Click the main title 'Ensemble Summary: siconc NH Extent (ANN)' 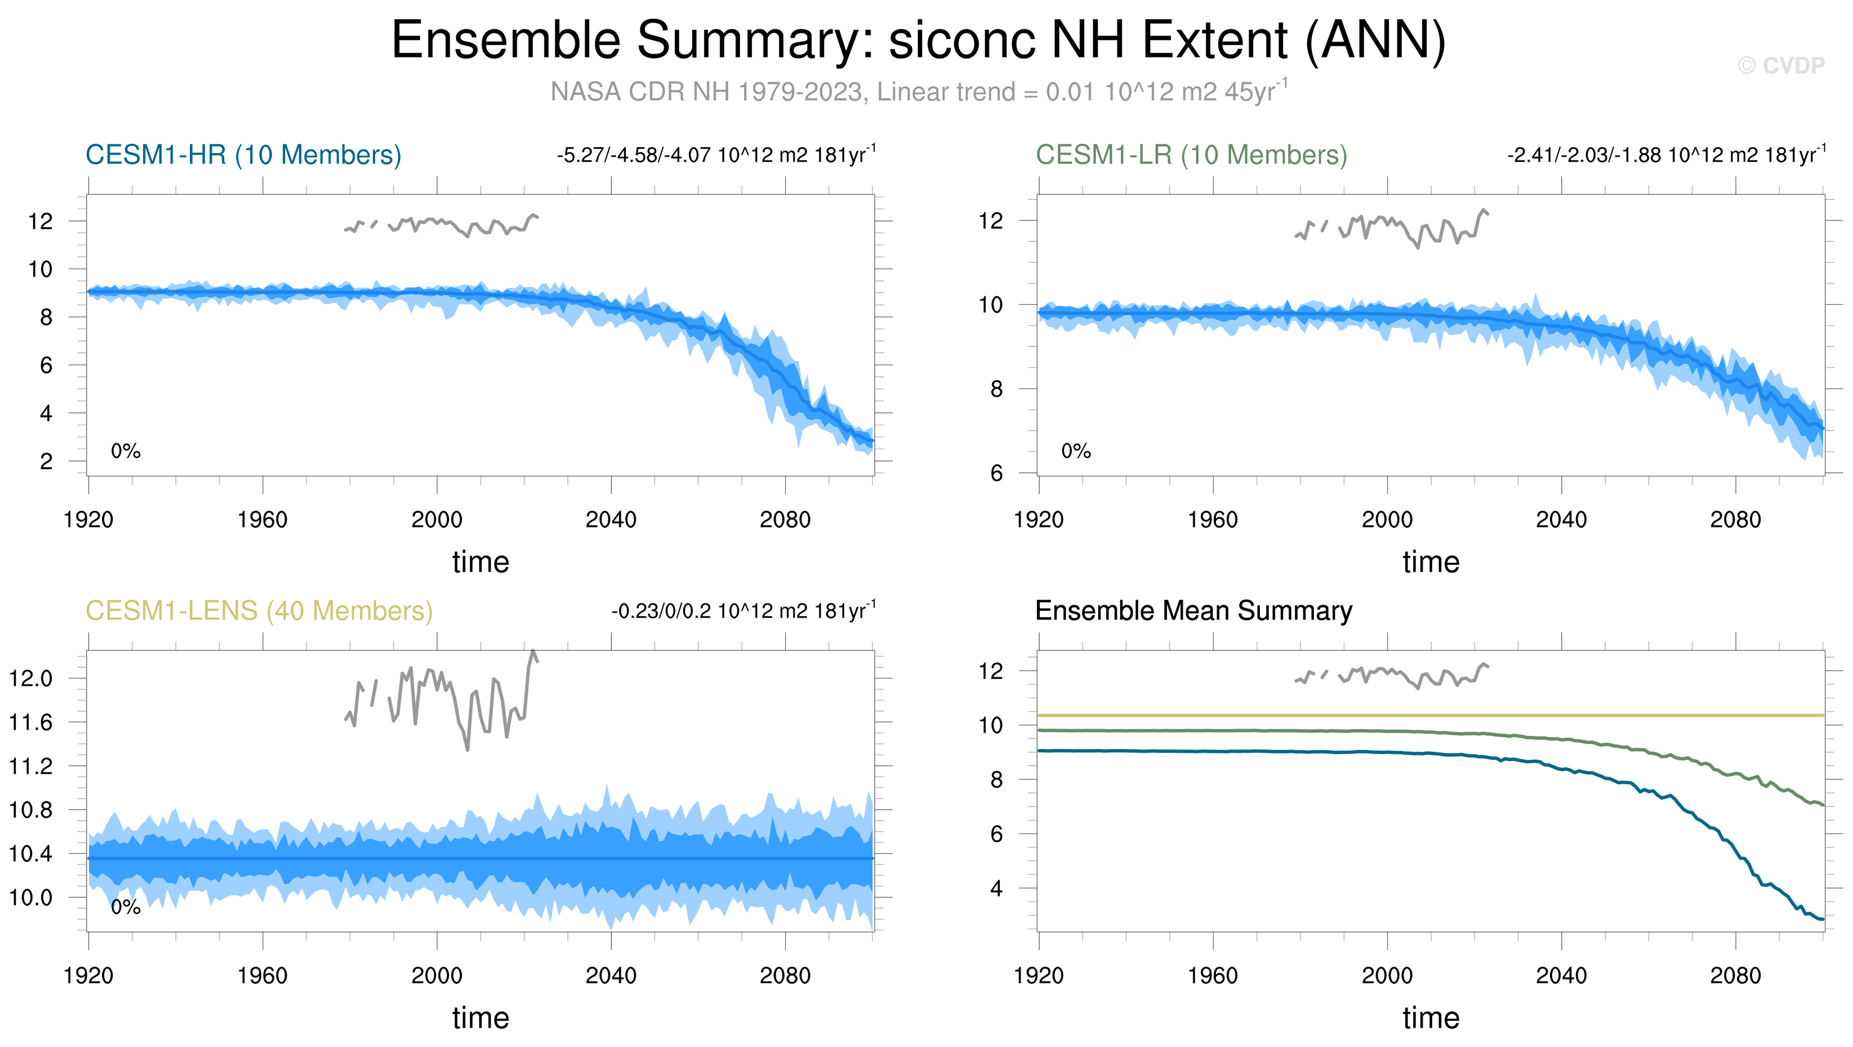click(x=918, y=41)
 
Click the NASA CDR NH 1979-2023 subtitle click(x=918, y=92)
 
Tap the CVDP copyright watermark click(x=1780, y=66)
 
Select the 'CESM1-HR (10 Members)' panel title click(x=243, y=156)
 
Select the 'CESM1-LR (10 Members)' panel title click(x=1191, y=156)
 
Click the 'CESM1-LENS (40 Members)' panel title click(x=259, y=611)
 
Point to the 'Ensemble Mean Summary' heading click(x=1193, y=611)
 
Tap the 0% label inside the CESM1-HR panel click(x=126, y=451)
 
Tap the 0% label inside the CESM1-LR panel click(x=1076, y=451)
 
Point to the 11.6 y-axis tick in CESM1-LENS click(x=31, y=722)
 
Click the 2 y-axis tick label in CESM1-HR click(x=46, y=462)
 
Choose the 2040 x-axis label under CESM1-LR click(x=1561, y=520)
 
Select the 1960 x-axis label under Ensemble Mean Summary click(x=1213, y=976)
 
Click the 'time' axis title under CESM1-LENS click(x=480, y=1018)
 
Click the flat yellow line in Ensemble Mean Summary click(x=1438, y=715)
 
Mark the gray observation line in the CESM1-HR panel click(x=446, y=223)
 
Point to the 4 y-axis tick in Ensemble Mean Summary click(x=996, y=889)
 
